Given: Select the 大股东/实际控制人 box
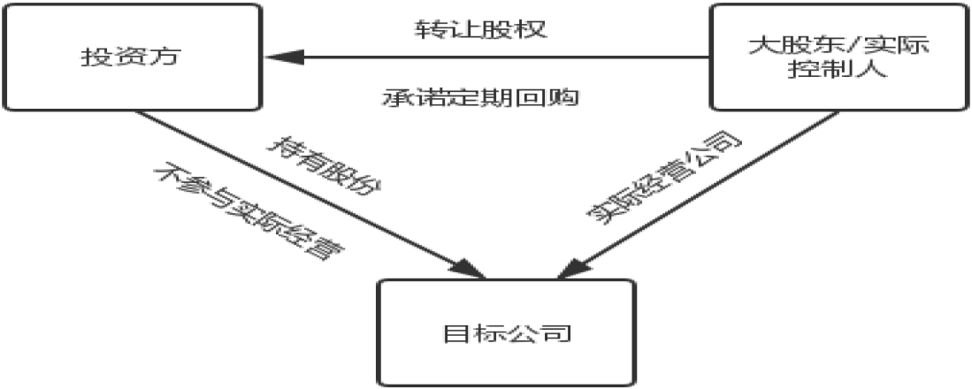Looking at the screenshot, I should tap(838, 58).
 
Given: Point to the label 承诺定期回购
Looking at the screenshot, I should tap(482, 96).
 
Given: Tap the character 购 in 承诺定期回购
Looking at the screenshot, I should tap(567, 96).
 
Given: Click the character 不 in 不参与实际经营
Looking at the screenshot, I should tap(165, 171).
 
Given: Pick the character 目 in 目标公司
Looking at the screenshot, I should tap(454, 334).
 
